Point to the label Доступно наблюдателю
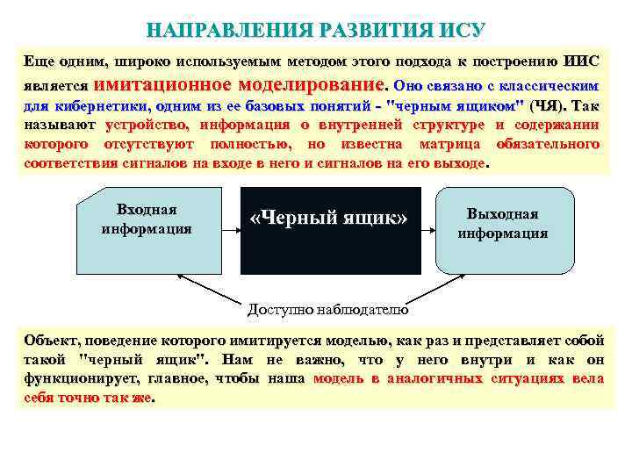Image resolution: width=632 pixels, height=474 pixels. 327,309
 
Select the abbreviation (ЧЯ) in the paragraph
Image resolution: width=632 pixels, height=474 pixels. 549,106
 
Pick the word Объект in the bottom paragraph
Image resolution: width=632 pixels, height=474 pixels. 52,340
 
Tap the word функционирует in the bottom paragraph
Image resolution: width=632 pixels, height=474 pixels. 76,378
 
